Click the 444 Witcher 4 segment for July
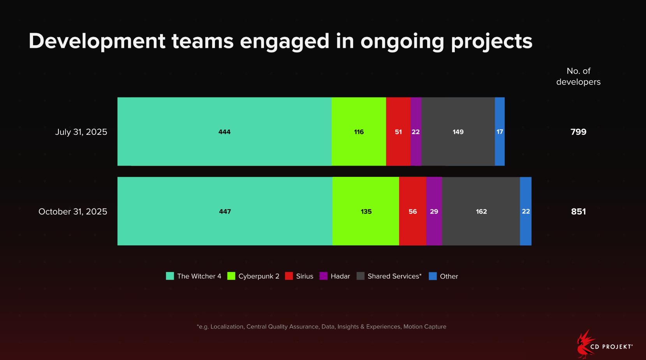coord(224,132)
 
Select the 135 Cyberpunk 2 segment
coord(366,211)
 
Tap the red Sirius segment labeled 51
coord(398,132)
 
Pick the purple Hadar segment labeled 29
coord(434,211)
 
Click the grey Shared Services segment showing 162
coord(481,211)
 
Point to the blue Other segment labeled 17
coord(500,132)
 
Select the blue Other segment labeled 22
coord(526,211)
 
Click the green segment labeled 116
coord(359,132)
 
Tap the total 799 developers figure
coord(578,132)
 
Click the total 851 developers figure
coord(578,212)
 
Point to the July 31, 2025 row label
coord(81,132)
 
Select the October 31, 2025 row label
coord(73,212)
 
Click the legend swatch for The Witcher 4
coord(170,276)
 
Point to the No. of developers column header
coord(578,76)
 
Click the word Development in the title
coord(97,41)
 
